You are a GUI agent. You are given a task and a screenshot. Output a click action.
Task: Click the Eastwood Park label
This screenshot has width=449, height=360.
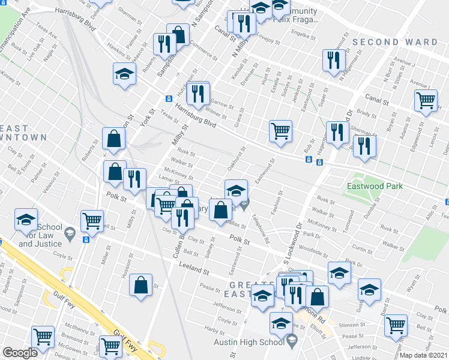tap(375, 186)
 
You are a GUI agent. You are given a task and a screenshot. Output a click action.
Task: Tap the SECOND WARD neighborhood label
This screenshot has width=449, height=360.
tap(394, 42)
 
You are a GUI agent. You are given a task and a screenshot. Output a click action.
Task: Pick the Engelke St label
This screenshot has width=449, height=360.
tap(304, 35)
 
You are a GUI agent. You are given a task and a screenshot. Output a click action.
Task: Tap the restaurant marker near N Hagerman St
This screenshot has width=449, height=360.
tap(332, 60)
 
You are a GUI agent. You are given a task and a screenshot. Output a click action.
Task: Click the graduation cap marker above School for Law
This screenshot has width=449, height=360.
tap(26, 220)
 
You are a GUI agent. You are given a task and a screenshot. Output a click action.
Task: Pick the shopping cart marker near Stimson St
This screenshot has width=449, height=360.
tap(396, 325)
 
